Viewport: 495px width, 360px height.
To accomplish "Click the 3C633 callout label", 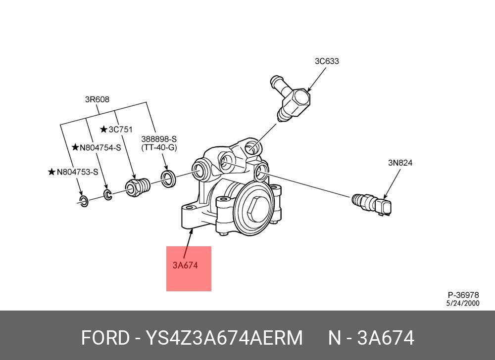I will click(x=327, y=61).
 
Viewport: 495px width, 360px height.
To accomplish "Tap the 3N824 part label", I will click(x=400, y=163).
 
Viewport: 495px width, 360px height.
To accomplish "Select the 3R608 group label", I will click(x=97, y=99).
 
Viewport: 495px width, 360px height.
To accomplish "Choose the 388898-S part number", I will click(x=159, y=139).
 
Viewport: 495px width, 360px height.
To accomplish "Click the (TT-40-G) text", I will click(x=159, y=147).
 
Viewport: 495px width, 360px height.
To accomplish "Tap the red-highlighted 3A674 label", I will click(x=185, y=265).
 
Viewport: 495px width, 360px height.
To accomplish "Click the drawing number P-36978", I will click(x=463, y=295).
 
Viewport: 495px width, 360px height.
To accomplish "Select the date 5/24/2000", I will click(x=463, y=303).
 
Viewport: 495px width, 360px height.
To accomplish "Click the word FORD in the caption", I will click(x=104, y=338).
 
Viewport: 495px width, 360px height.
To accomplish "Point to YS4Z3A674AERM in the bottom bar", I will click(x=224, y=338).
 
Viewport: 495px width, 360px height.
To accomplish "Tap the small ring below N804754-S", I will click(x=107, y=194).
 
